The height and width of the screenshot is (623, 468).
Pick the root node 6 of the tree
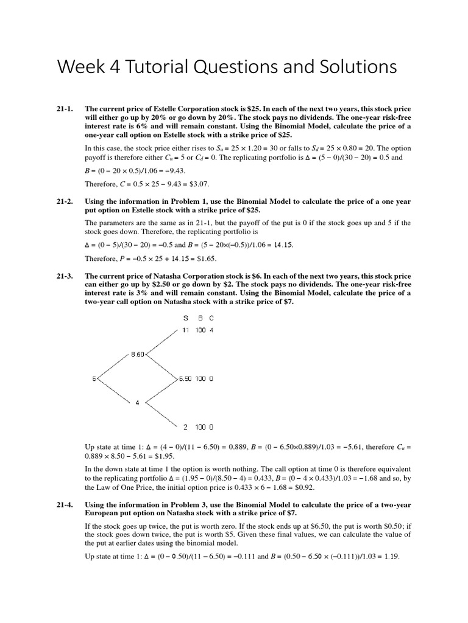[94, 378]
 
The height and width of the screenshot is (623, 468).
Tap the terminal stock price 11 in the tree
[186, 330]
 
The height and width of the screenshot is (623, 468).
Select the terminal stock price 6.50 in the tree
[185, 378]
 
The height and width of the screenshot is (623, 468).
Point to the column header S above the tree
[186, 318]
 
